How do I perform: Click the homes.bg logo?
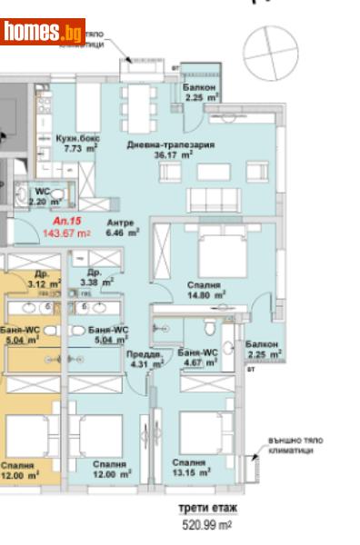click(x=43, y=32)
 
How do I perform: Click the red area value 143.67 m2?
click(x=66, y=233)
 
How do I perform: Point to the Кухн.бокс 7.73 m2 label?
click(x=77, y=142)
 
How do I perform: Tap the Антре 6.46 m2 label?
click(x=121, y=227)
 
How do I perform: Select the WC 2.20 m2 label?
click(x=43, y=196)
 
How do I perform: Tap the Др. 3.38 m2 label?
click(x=95, y=277)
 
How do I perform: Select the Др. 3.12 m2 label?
click(x=43, y=278)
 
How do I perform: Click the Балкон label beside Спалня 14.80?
click(x=264, y=349)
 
